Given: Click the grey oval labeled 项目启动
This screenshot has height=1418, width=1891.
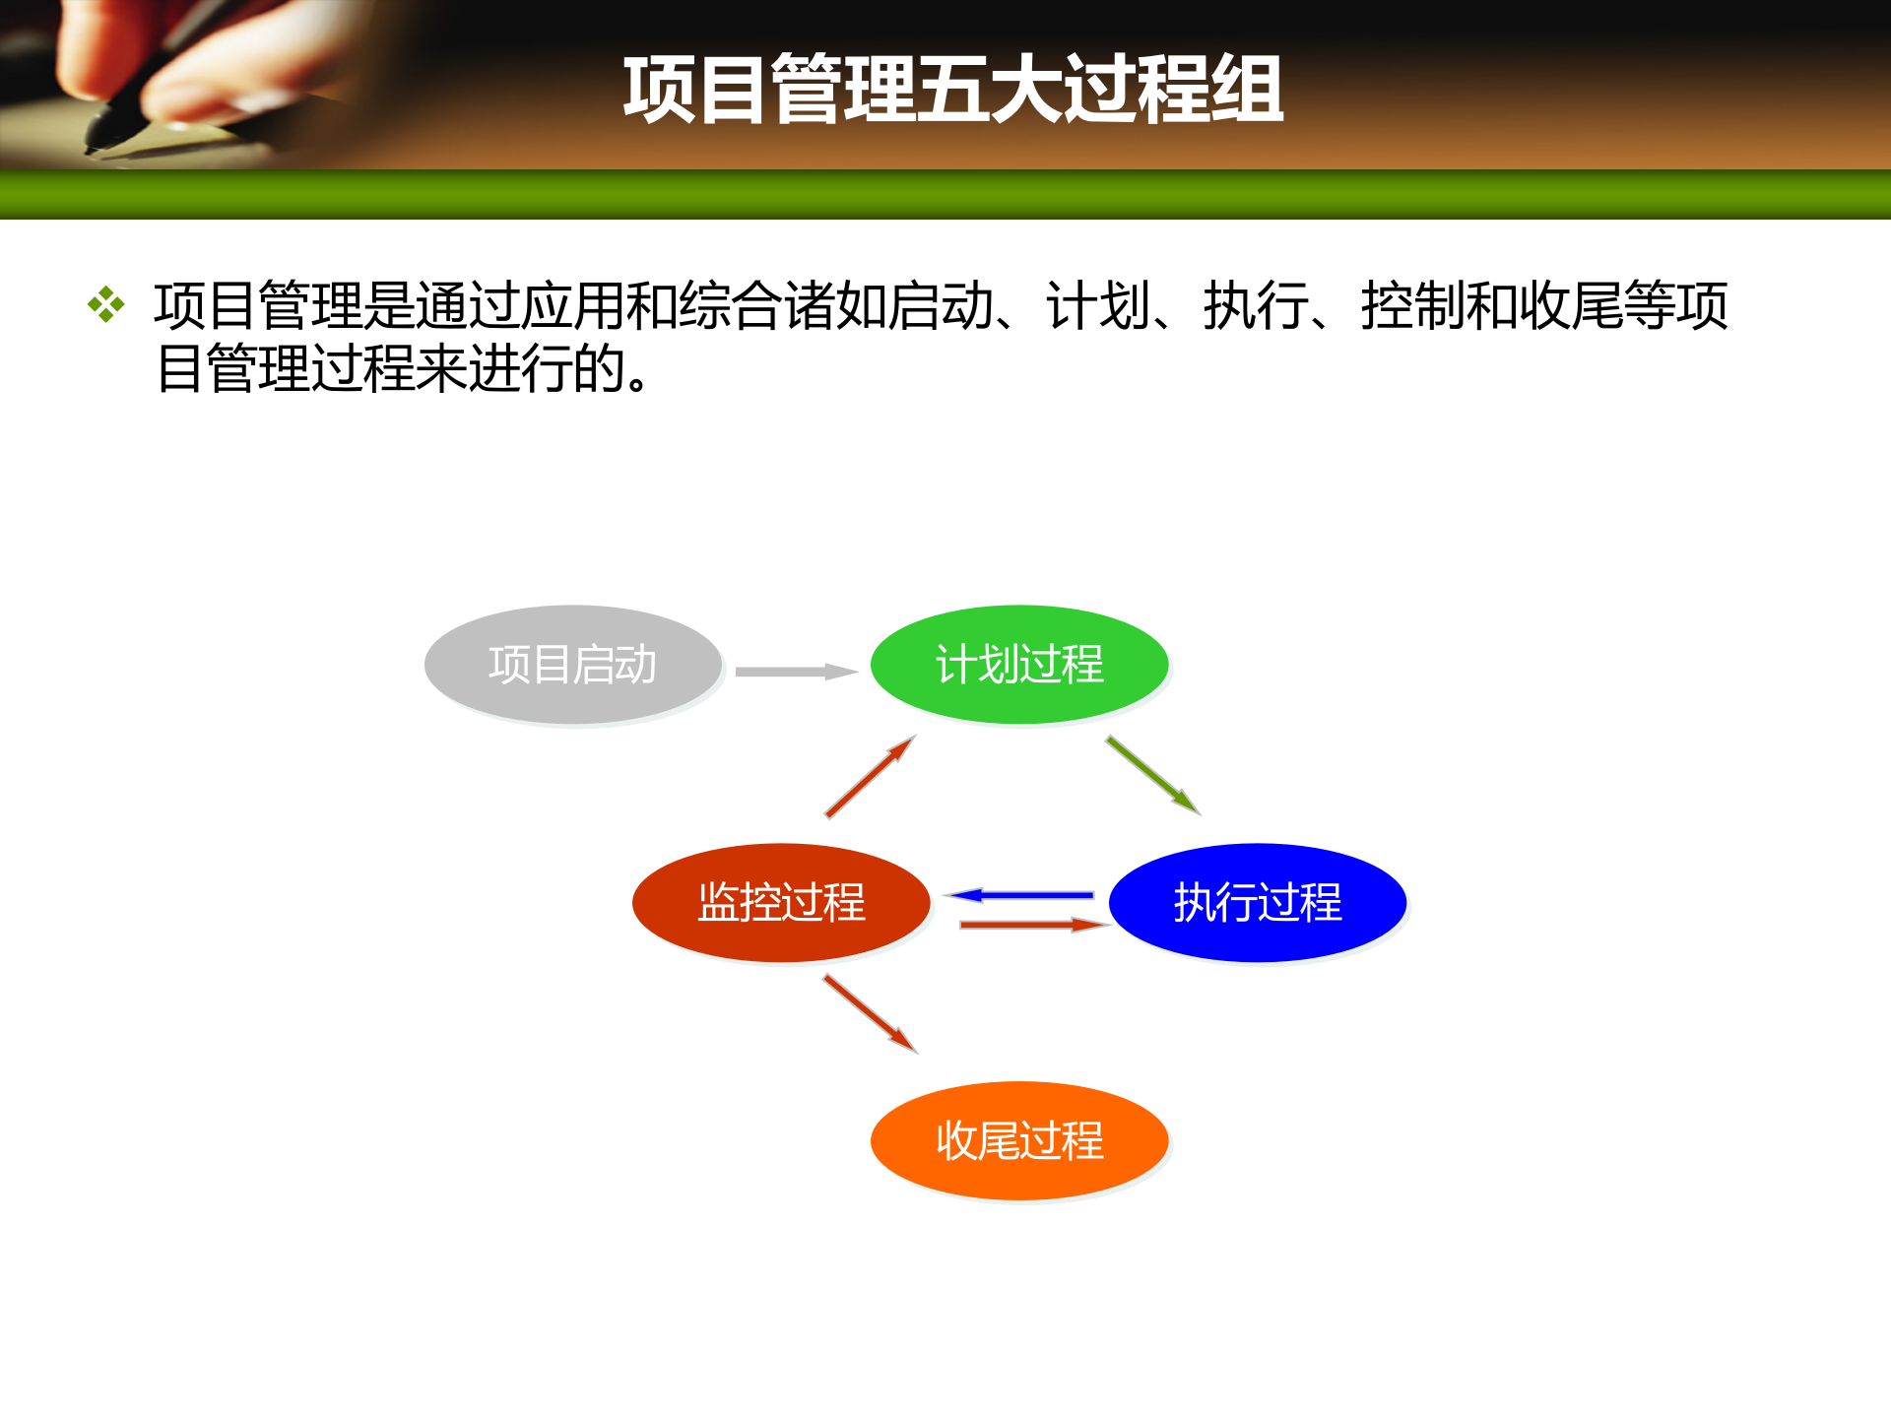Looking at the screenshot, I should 572,665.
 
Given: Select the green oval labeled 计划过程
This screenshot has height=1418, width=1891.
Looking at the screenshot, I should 1019,665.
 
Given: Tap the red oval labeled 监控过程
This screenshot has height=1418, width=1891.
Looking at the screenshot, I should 781,902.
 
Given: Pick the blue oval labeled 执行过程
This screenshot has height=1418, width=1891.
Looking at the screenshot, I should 1258,902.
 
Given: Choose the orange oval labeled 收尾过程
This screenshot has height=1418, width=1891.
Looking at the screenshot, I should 1019,1140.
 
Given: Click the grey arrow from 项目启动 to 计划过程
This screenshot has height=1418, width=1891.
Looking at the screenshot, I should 796,672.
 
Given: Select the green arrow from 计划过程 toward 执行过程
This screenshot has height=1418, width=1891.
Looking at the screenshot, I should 1152,775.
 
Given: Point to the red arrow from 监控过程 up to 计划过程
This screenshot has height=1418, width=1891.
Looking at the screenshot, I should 871,777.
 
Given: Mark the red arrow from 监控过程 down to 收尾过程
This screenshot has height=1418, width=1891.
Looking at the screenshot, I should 871,1013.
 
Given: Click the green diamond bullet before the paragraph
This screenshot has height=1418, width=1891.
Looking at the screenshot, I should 105,304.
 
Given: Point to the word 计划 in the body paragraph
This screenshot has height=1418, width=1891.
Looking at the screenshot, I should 1098,305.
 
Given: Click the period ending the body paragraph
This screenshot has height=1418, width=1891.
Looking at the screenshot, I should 638,382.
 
